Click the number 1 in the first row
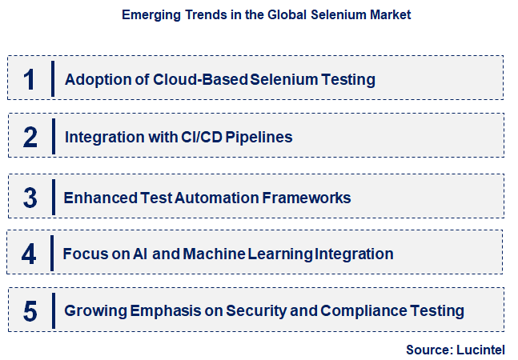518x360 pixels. click(x=30, y=79)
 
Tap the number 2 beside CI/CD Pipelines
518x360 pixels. click(x=30, y=137)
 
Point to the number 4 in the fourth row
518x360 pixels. click(x=30, y=254)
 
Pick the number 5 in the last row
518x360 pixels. click(x=30, y=310)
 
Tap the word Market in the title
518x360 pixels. click(x=391, y=15)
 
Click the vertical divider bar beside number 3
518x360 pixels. click(x=53, y=196)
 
